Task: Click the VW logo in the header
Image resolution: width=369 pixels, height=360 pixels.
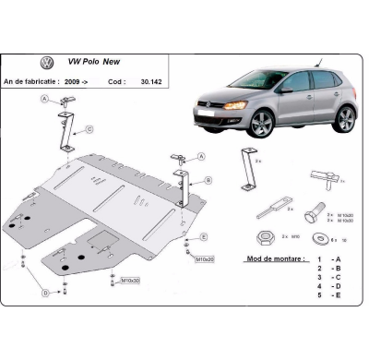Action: (44, 64)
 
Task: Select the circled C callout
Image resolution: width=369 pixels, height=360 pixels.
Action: (89, 128)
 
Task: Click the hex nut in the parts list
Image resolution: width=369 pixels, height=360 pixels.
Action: (264, 234)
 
